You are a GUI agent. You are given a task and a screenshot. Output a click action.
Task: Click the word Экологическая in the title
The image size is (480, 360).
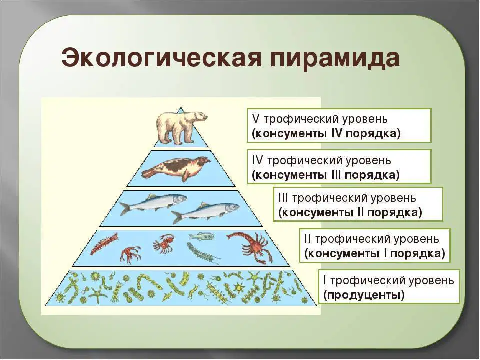click(162, 58)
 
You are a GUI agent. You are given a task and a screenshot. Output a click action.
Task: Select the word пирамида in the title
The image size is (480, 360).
click(335, 58)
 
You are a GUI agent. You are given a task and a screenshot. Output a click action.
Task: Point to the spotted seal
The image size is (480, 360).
click(176, 168)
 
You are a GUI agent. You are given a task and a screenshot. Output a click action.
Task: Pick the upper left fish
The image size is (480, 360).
click(153, 203)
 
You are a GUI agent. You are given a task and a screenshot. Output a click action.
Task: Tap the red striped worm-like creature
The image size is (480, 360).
click(104, 243)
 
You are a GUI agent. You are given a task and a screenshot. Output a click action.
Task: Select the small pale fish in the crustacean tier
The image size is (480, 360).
click(201, 236)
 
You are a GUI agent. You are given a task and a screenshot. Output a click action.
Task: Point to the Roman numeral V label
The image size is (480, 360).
click(255, 119)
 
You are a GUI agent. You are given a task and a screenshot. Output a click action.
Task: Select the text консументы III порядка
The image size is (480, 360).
click(326, 175)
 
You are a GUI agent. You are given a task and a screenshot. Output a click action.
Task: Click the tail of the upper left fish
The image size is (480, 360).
click(125, 209)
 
